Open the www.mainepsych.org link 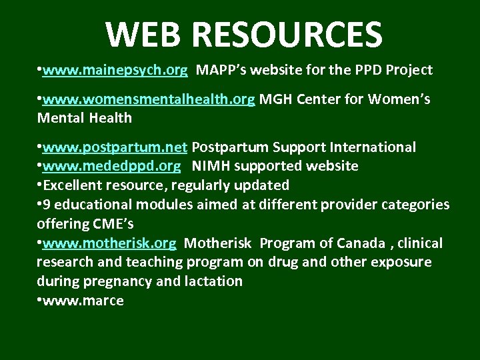[x=115, y=69]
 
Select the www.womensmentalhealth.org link [x=148, y=100]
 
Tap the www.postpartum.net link [x=115, y=147]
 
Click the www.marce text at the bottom [x=83, y=301]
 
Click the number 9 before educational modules [x=46, y=204]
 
